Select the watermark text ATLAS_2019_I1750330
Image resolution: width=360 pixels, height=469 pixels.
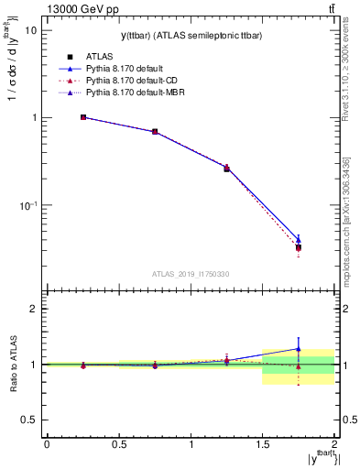pos(191,273)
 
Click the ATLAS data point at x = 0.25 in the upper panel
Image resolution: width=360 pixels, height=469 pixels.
pos(82,117)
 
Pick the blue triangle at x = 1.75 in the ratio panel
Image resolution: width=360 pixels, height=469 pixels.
pos(299,349)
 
